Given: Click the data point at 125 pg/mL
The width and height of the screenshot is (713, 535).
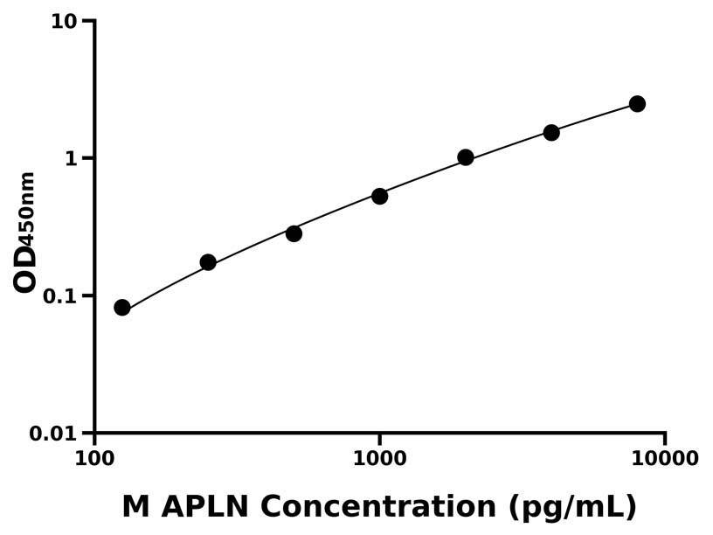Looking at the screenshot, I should point(122,307).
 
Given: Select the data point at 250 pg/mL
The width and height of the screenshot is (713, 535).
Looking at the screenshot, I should point(208,262).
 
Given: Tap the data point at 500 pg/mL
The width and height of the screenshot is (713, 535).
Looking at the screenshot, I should point(294,233).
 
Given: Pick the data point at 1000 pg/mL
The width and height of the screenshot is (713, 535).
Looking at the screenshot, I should point(379,196).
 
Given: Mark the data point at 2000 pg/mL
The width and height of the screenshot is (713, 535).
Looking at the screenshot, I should point(466,157).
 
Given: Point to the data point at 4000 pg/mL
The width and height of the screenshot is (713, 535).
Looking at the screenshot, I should point(551,132).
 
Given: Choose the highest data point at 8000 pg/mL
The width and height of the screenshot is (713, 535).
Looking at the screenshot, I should point(637,104).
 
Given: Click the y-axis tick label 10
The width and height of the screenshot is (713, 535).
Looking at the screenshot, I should point(65,21).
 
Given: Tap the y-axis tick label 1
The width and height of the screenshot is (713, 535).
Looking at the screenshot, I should point(73,158).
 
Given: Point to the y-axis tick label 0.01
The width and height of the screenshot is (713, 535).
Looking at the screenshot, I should point(54,434).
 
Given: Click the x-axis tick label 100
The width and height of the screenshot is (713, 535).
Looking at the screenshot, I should point(94,458).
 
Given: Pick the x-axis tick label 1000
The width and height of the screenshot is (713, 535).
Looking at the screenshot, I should point(379,458).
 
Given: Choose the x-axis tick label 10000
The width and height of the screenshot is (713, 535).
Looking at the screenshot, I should point(665,458).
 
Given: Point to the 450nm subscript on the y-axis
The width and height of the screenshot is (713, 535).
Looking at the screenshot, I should point(27,208).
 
